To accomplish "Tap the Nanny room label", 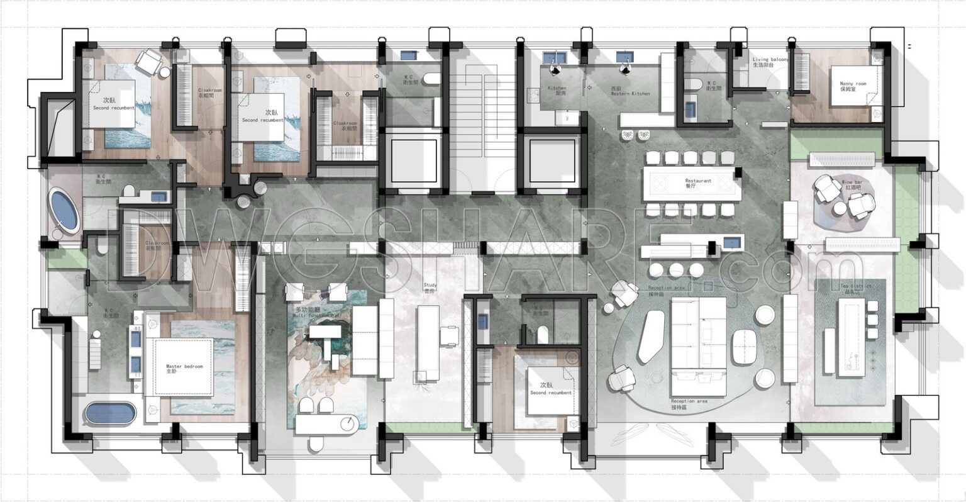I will (x=853, y=86).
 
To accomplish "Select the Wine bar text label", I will (x=852, y=185).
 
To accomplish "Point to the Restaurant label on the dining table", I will (x=698, y=183).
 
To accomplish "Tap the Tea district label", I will (x=856, y=288).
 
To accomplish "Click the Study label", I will (x=430, y=287).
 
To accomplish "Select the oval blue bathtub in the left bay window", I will (x=64, y=211).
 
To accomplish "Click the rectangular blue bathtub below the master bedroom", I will (x=111, y=413).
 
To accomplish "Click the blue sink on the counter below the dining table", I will (x=731, y=242).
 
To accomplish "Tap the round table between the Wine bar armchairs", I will (x=839, y=208).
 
